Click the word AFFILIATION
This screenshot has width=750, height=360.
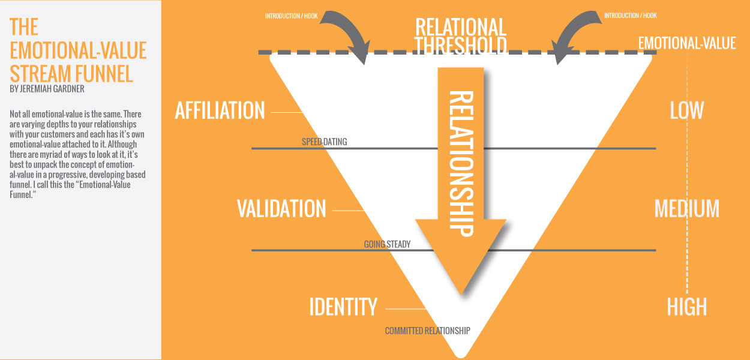(220, 110)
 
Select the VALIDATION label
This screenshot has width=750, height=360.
(281, 209)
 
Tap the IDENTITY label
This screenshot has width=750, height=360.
(343, 307)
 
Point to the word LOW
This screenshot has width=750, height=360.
(686, 110)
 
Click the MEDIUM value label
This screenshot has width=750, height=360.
(686, 209)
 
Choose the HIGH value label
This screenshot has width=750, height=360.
(686, 307)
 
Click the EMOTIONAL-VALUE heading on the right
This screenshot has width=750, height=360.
(687, 43)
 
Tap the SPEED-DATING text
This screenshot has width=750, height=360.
(324, 142)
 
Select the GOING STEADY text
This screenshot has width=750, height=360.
(386, 244)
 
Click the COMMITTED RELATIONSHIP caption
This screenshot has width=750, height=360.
(427, 331)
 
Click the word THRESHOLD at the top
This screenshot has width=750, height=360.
(460, 46)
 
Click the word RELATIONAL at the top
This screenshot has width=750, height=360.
(460, 27)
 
